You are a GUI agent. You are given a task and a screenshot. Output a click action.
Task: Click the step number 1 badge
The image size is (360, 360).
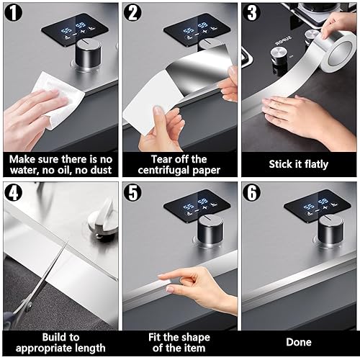pos(14,12)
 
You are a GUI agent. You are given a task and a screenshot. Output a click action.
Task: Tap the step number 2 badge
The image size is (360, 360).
pos(132,12)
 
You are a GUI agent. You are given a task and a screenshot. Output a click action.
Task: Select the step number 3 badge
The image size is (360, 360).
pos(252,12)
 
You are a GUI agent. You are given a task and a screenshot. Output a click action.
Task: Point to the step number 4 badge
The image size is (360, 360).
pos(14,192)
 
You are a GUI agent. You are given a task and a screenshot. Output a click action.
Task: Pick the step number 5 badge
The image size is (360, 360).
pos(133,192)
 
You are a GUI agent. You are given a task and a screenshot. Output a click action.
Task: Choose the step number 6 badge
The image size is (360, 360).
pos(252,192)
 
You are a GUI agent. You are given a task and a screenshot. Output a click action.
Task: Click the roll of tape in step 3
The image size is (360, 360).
pos(336,52)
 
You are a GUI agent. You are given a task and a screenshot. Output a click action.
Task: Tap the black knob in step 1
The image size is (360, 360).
pos(89,55)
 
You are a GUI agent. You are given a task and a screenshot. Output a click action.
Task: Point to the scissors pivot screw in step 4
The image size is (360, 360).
pos(30,305)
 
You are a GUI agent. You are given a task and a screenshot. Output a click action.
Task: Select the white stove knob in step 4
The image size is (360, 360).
pos(103,221)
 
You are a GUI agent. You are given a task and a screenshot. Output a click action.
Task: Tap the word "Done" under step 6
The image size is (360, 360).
pos(299,342)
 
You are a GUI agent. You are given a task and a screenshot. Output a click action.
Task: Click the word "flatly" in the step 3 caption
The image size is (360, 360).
pos(316,165)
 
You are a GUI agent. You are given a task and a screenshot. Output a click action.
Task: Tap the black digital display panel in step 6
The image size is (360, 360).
pos(318,206)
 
